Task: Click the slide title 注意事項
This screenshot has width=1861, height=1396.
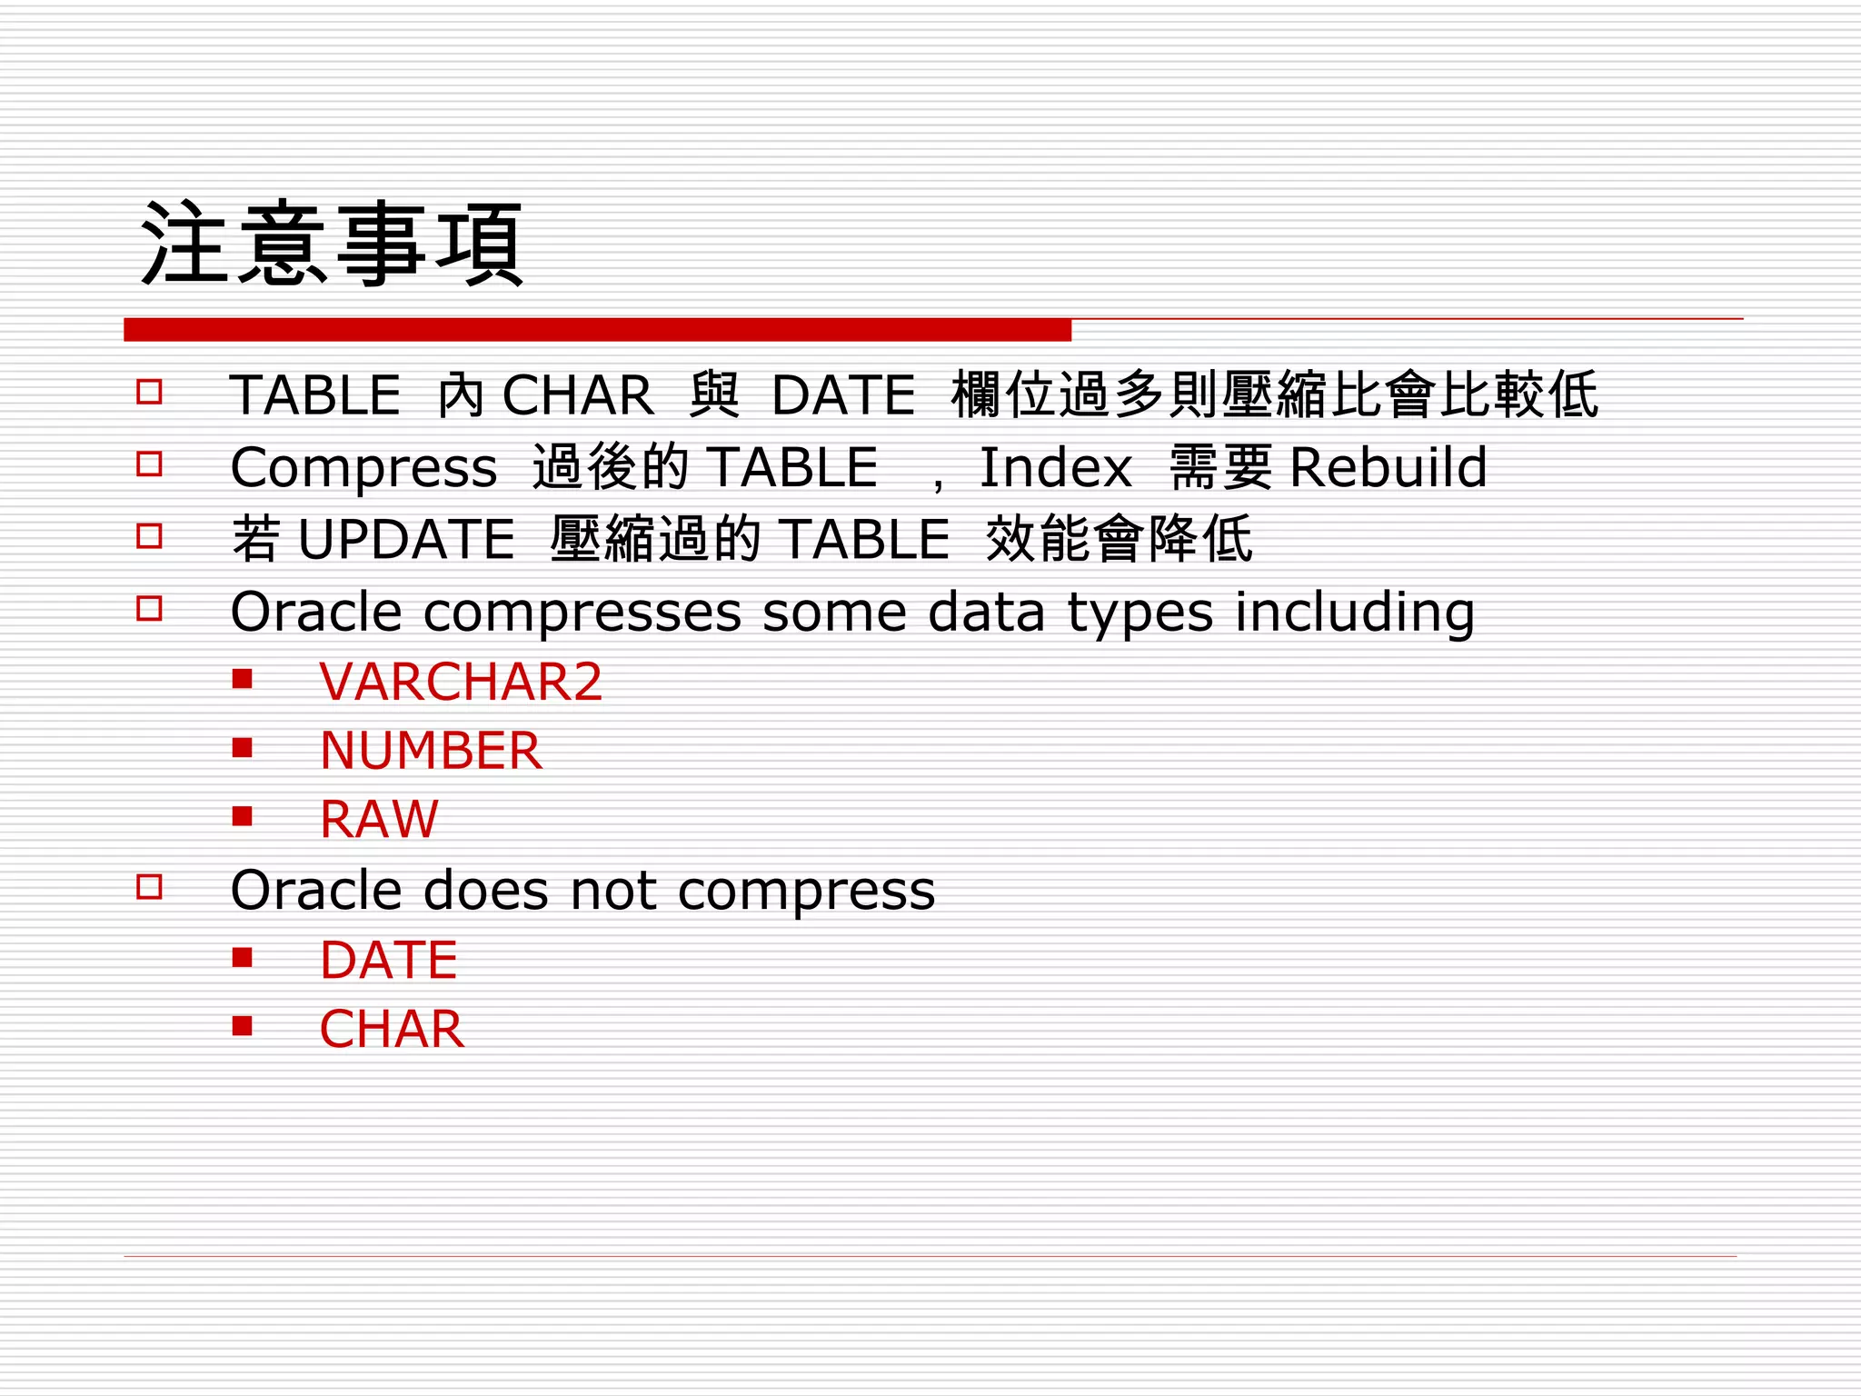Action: coord(333,244)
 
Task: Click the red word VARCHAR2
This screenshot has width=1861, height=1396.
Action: coord(461,682)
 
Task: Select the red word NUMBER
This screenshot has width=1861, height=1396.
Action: coord(431,751)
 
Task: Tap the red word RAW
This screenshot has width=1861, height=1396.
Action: coord(379,819)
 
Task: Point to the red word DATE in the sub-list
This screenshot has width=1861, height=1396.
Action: coord(389,960)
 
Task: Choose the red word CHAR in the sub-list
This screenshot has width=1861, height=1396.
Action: coord(392,1029)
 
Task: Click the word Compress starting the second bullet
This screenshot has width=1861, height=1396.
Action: coord(363,469)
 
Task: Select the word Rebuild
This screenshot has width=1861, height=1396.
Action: coord(1388,467)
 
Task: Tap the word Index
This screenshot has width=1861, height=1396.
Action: coord(1056,467)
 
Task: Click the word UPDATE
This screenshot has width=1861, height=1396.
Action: coord(406,539)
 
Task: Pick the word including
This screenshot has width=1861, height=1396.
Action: coord(1354,613)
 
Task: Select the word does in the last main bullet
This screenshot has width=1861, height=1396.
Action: coord(486,890)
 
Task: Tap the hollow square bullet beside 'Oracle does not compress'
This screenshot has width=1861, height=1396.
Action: coord(149,887)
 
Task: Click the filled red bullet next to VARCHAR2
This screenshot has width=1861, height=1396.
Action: coord(242,679)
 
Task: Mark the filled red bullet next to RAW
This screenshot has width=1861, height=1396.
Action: coord(242,816)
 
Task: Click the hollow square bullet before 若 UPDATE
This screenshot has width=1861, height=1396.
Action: coord(149,536)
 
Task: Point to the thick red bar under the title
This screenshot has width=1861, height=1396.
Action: coord(597,330)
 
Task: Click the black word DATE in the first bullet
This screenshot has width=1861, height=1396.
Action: coord(843,395)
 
